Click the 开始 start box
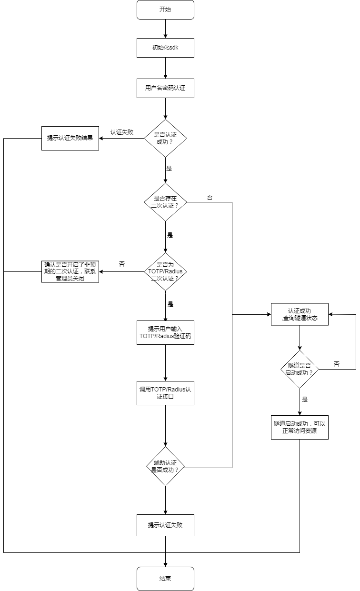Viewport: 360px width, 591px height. (x=165, y=10)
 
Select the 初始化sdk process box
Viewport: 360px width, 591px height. (x=165, y=48)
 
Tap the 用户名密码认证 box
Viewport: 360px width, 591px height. (x=165, y=88)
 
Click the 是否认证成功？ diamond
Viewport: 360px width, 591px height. (x=165, y=138)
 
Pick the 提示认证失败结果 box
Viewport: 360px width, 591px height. (x=70, y=138)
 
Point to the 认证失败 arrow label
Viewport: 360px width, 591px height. (x=121, y=132)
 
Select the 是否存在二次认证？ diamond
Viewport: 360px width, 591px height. (x=165, y=202)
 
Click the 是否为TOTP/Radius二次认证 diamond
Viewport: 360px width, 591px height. (x=165, y=271)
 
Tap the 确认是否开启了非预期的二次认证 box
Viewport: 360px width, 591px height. (x=70, y=271)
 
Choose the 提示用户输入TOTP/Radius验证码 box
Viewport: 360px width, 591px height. (x=165, y=332)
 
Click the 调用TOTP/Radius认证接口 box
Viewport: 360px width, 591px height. (x=165, y=393)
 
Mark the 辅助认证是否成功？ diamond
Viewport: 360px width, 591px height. (x=165, y=466)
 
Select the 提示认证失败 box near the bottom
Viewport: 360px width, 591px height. (x=165, y=525)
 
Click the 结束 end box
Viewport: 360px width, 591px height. (x=165, y=579)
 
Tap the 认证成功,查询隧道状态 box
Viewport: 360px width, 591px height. (x=300, y=314)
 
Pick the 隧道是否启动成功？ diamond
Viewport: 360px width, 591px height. (x=300, y=369)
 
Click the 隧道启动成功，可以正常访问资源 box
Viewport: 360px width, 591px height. (x=300, y=427)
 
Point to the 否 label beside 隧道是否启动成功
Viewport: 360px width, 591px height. (x=337, y=364)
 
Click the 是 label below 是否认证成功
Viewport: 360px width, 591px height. (x=169, y=168)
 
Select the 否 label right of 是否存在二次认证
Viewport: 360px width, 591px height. (x=210, y=197)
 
